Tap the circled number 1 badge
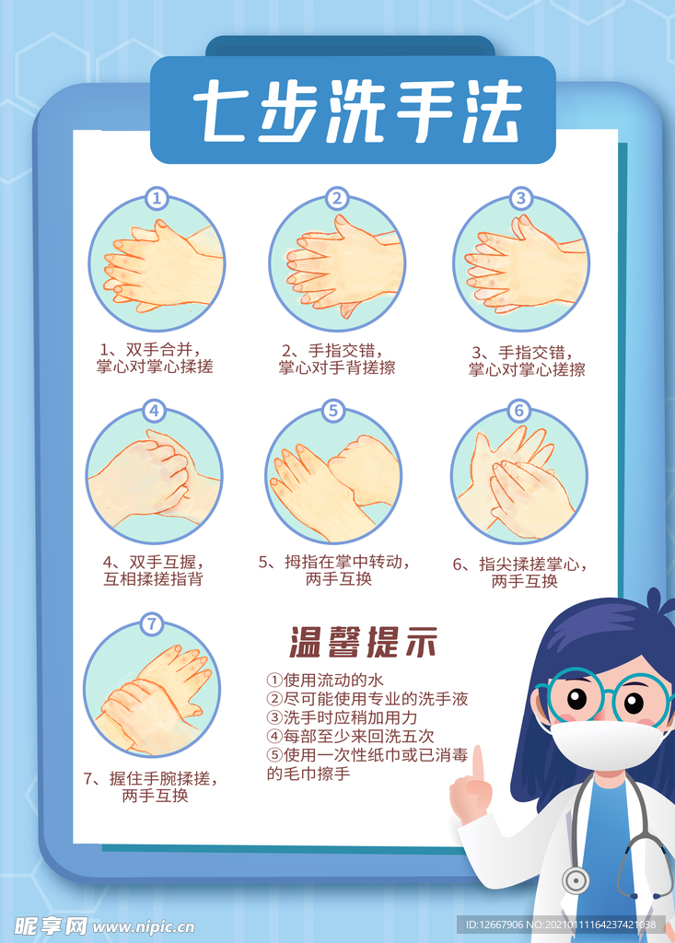pos(157,198)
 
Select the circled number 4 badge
pos(154,412)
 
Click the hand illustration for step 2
pos(337,265)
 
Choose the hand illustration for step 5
pos(333,477)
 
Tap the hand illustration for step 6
pos(518,477)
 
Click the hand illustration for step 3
pos(521,265)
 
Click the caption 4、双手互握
pos(153,570)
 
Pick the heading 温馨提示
pos(364,642)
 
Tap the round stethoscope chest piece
pos(576,880)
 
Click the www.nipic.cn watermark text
pos(143,926)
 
